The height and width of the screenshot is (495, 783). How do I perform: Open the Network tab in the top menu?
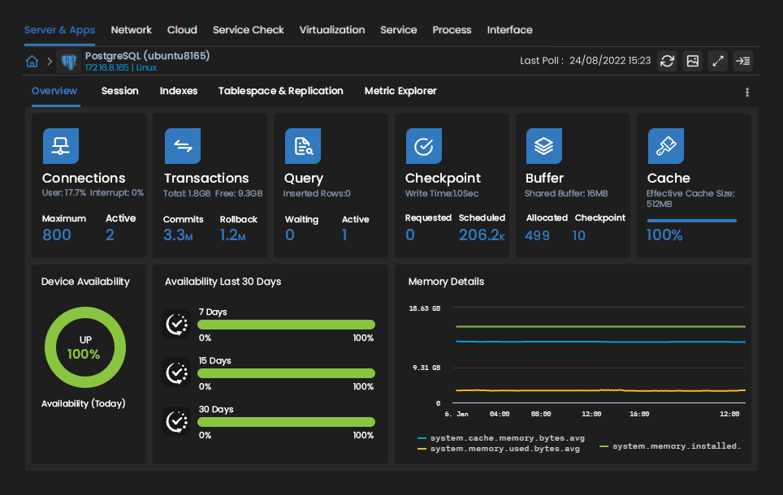click(x=131, y=30)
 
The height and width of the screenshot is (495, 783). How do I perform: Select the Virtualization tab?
click(x=331, y=30)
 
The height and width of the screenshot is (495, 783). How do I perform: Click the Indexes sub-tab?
click(x=178, y=91)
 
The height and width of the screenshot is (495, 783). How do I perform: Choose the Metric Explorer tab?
click(x=400, y=91)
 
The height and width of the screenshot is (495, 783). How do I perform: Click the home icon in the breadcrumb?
click(x=32, y=62)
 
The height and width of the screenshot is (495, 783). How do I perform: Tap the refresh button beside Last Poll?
click(x=667, y=61)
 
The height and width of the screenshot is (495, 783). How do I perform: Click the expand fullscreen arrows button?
click(x=717, y=61)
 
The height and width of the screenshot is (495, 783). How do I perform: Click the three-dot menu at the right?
click(x=747, y=93)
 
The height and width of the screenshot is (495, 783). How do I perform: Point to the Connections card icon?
click(x=60, y=146)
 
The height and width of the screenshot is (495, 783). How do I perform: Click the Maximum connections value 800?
click(x=57, y=235)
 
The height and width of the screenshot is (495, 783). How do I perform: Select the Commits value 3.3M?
click(x=178, y=235)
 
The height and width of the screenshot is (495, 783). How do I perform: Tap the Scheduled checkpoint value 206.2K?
click(x=481, y=235)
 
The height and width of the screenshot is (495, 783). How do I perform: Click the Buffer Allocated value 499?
click(x=538, y=235)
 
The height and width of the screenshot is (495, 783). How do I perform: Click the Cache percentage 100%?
click(x=664, y=235)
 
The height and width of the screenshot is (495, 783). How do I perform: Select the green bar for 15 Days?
click(x=286, y=373)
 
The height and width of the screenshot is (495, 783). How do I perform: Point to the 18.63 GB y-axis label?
click(x=424, y=308)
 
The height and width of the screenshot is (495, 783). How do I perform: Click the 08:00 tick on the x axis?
click(x=541, y=414)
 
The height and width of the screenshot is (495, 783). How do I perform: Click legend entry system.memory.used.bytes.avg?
click(x=504, y=448)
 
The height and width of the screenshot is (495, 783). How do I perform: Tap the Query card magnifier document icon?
click(x=302, y=146)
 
